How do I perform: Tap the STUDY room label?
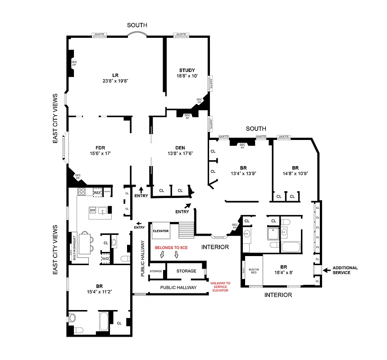(187, 70)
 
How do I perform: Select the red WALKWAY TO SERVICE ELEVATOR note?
(220, 287)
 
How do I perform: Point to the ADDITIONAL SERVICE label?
(345, 270)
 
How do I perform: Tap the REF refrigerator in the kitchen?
(97, 193)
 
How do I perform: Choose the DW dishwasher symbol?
(92, 210)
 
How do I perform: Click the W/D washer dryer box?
(105, 259)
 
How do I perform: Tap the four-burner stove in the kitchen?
(82, 192)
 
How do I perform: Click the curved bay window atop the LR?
(138, 35)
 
